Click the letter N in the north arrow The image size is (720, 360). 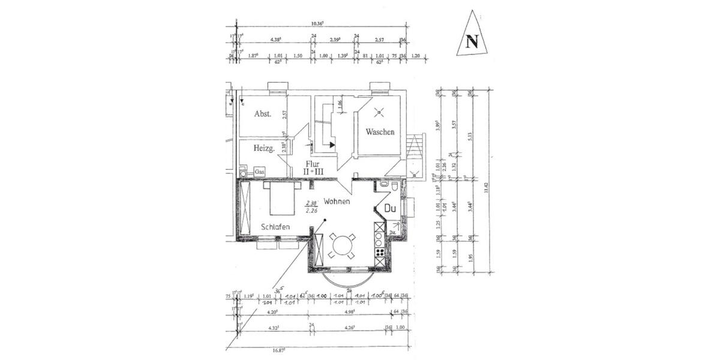coord(472,41)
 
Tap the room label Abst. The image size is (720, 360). coord(262,113)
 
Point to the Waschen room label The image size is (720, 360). coord(380,132)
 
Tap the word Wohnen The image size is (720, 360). coord(337,202)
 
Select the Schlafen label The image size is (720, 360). coord(275,227)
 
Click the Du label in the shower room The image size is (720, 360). coord(390,209)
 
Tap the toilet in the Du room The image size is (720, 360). coord(394,187)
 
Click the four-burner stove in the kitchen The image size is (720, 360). coord(379,251)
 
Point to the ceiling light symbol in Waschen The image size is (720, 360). coord(379,111)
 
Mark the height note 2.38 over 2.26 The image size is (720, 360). coord(311,206)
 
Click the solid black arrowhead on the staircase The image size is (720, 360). coord(332,145)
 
